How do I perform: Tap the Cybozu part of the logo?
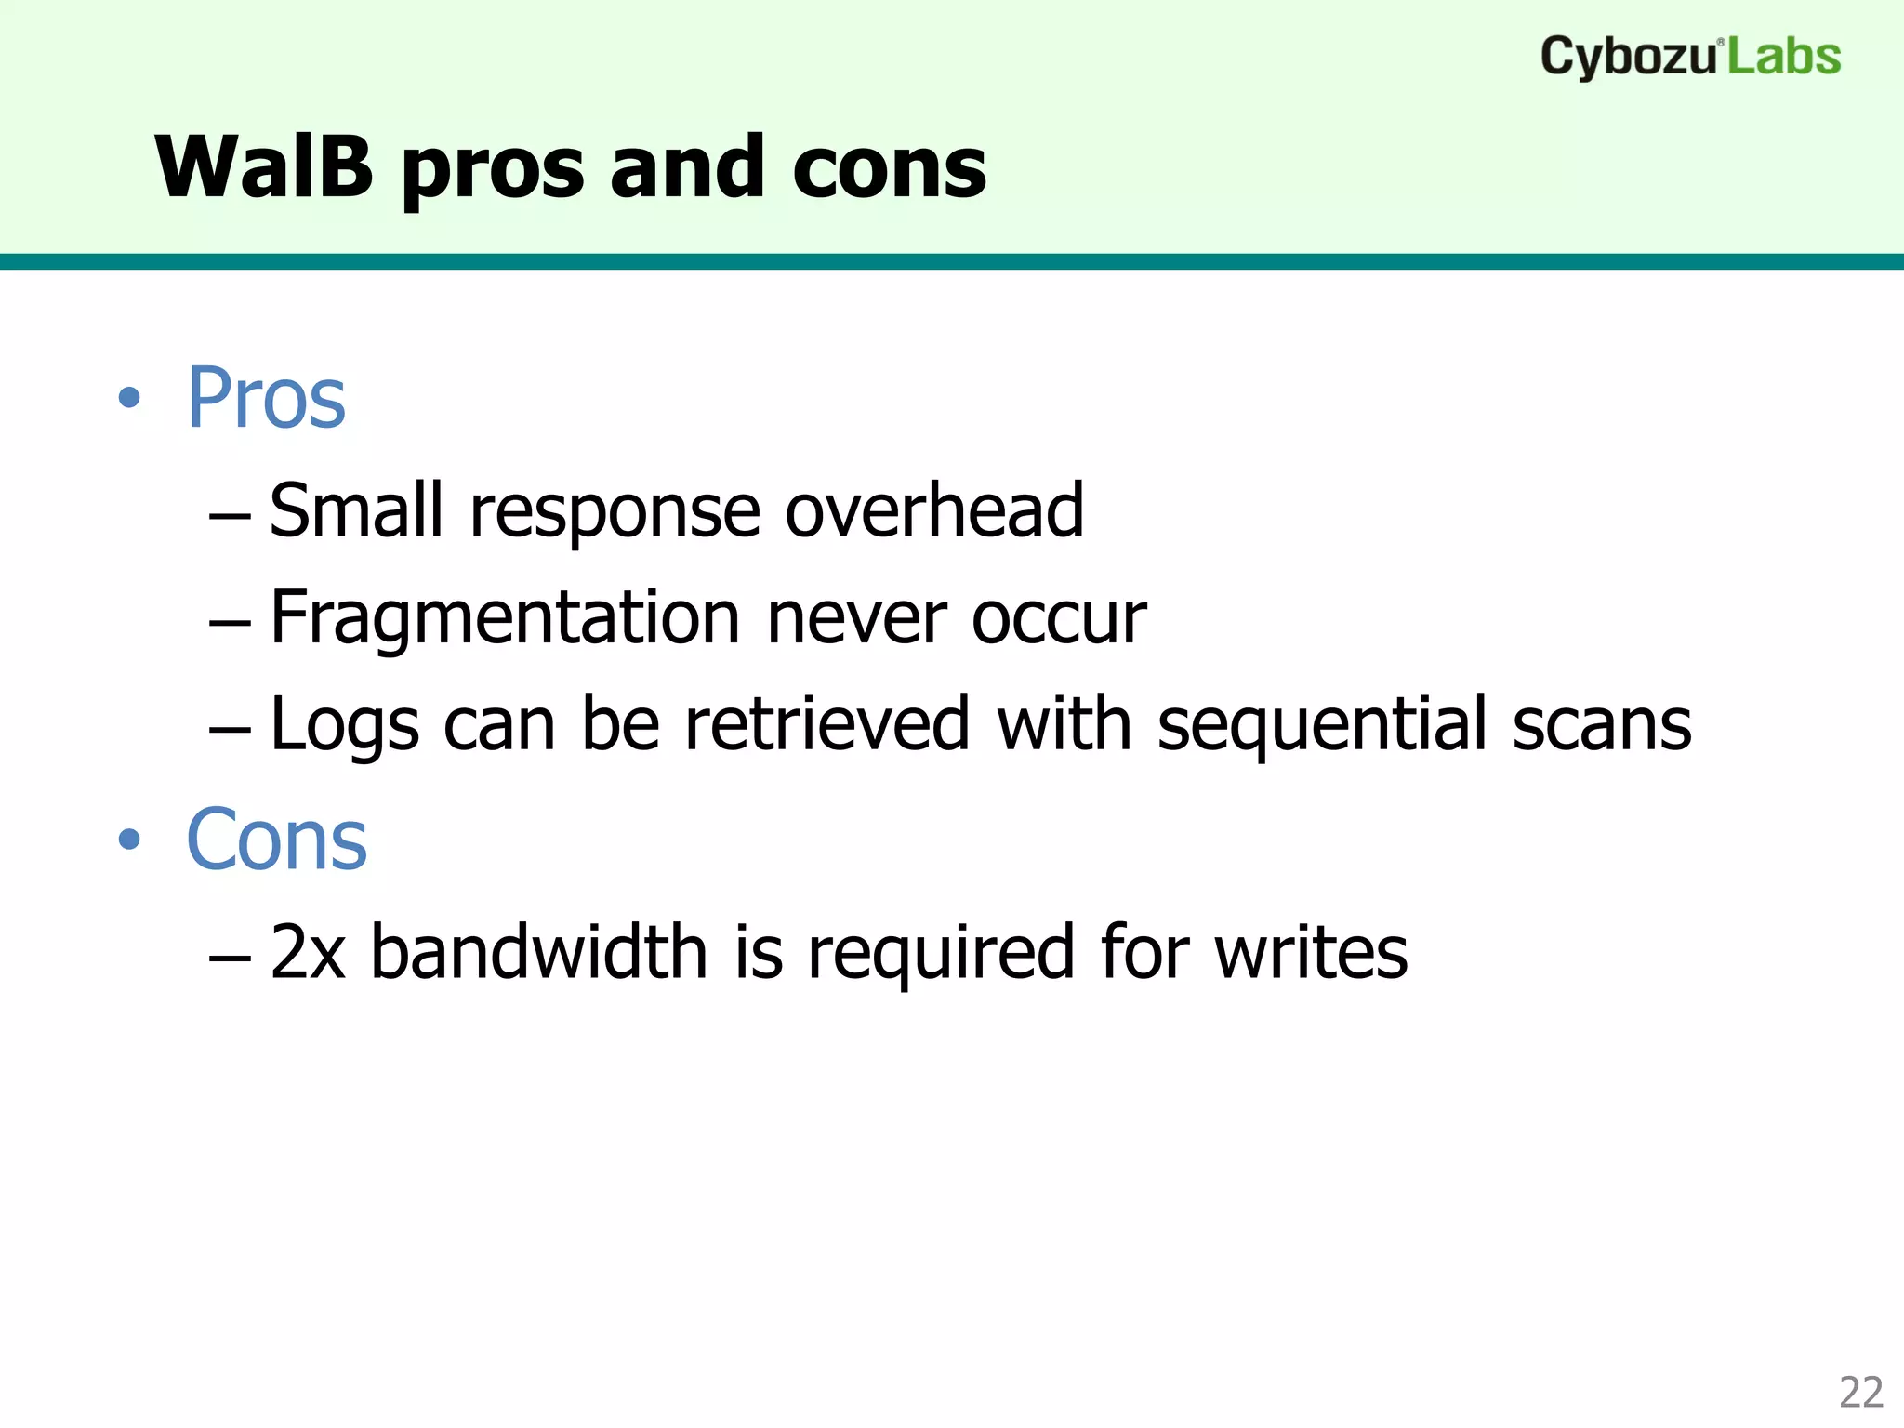[1627, 58]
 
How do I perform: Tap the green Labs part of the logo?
[1784, 58]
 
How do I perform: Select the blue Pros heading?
[267, 399]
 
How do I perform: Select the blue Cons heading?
[277, 840]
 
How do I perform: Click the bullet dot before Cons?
[129, 840]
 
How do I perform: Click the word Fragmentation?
[505, 618]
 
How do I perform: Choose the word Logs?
[344, 726]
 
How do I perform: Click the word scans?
[1601, 726]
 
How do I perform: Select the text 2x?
[308, 952]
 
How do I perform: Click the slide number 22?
[1860, 1393]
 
